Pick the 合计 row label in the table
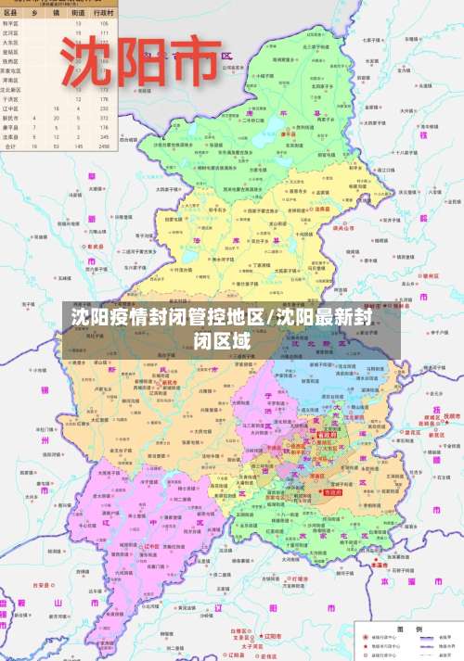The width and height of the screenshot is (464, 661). [x=10, y=146]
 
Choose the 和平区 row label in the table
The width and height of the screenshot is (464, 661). [x=10, y=25]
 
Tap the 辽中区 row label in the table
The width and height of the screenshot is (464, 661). [x=10, y=108]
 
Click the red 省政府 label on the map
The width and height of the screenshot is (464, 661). [x=327, y=433]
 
